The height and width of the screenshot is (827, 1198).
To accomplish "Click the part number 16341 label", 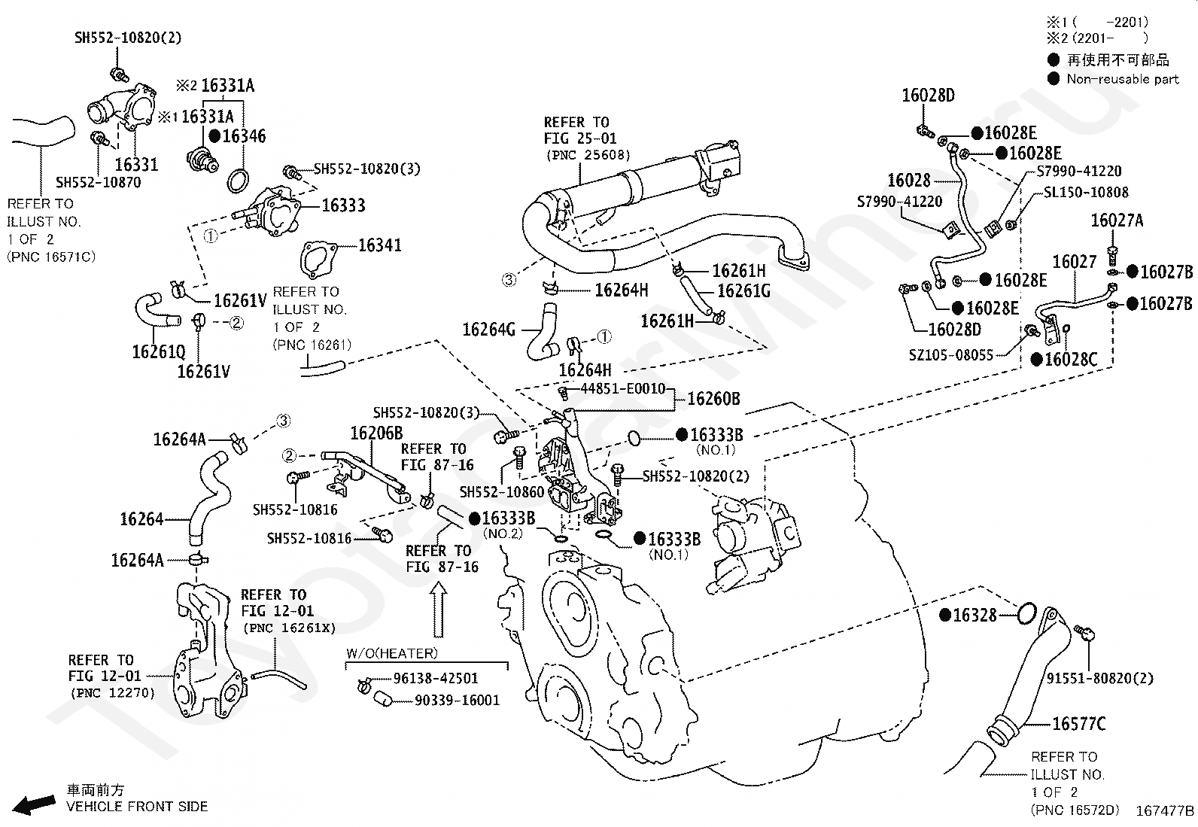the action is pyautogui.click(x=380, y=245).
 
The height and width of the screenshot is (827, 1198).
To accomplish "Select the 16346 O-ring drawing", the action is pyautogui.click(x=238, y=181).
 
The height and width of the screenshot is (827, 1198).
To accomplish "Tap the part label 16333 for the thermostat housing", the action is pyautogui.click(x=343, y=205).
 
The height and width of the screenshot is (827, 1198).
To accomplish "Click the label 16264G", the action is pyautogui.click(x=489, y=330).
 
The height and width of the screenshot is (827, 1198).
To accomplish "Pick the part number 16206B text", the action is pyautogui.click(x=376, y=433).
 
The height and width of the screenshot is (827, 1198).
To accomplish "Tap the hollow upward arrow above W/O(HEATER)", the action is pyautogui.click(x=439, y=610).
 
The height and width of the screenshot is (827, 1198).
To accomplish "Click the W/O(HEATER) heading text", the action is pyautogui.click(x=392, y=653).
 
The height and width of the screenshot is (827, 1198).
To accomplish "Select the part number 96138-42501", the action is pyautogui.click(x=436, y=678).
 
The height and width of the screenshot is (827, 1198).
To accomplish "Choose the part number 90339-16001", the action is pyautogui.click(x=458, y=701).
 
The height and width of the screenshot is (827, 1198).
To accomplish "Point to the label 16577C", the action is pyautogui.click(x=1079, y=724).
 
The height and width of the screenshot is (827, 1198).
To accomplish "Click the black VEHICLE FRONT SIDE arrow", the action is pyautogui.click(x=34, y=804).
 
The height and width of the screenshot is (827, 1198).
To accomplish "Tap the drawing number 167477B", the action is pyautogui.click(x=1165, y=810).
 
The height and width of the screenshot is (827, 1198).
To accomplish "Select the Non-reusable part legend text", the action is pyautogui.click(x=1123, y=79).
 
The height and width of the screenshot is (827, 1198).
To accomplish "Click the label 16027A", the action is pyautogui.click(x=1117, y=220).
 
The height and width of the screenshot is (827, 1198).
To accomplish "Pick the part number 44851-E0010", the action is pyautogui.click(x=623, y=388).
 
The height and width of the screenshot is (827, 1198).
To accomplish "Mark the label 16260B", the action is pyautogui.click(x=713, y=399).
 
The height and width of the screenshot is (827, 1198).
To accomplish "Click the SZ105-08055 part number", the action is pyautogui.click(x=951, y=355).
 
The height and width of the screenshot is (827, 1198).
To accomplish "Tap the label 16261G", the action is pyautogui.click(x=743, y=291).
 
